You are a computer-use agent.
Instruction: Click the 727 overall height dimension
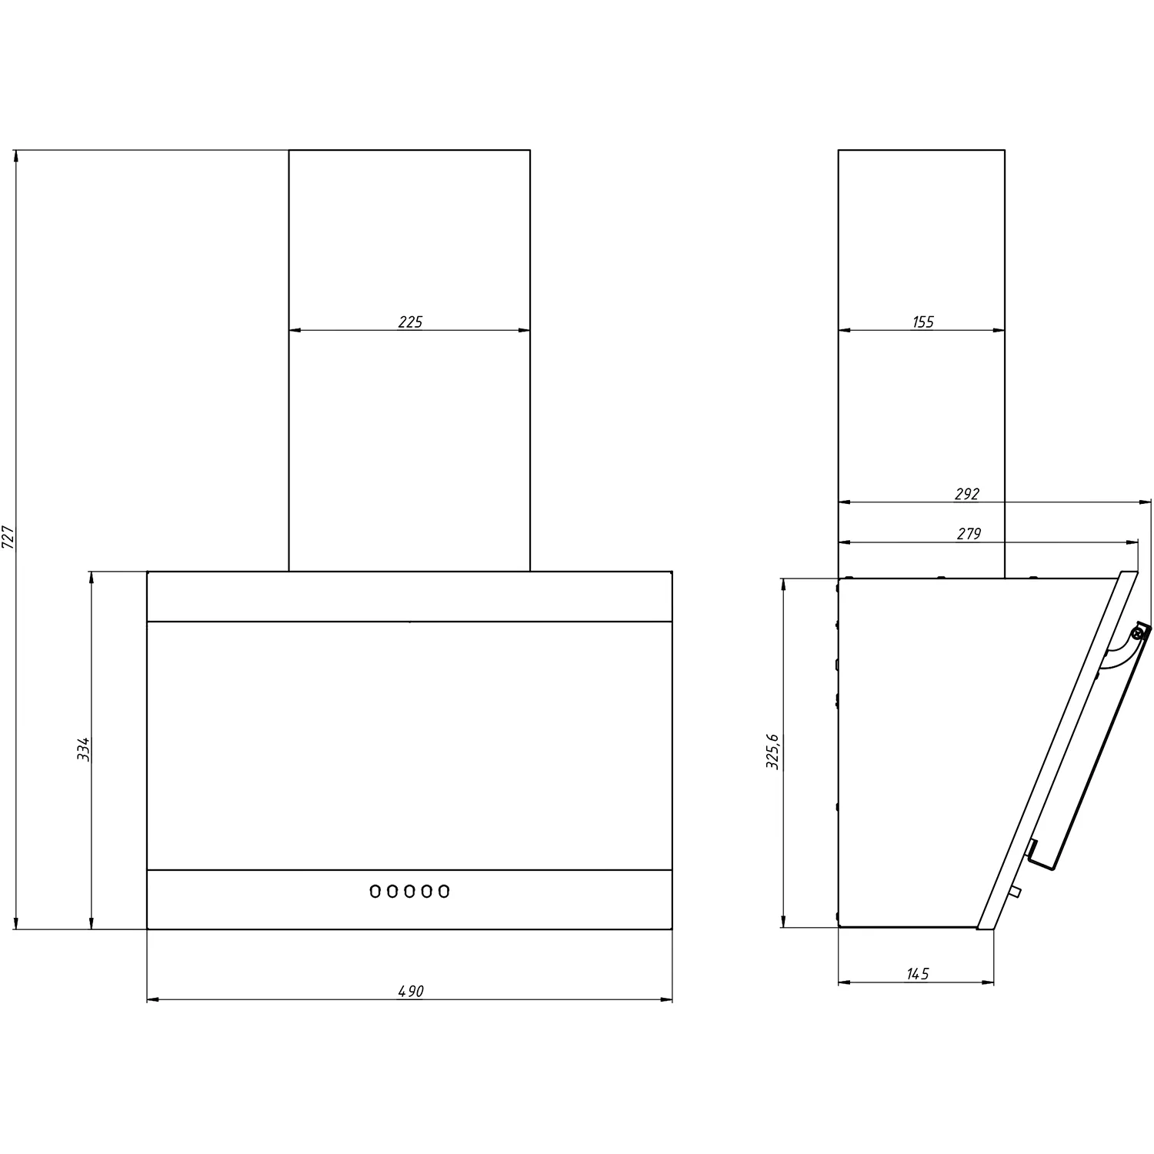[8, 536]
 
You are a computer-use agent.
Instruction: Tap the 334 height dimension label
[84, 749]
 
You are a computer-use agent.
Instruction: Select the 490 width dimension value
[411, 992]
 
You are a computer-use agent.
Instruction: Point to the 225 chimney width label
[410, 322]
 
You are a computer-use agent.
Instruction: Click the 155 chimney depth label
[922, 322]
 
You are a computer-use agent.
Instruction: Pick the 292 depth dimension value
[966, 494]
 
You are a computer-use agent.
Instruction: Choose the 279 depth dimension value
[969, 534]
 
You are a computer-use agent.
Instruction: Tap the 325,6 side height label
[773, 752]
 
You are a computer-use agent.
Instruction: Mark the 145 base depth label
[918, 974]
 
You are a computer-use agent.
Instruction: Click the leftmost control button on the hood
[375, 891]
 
